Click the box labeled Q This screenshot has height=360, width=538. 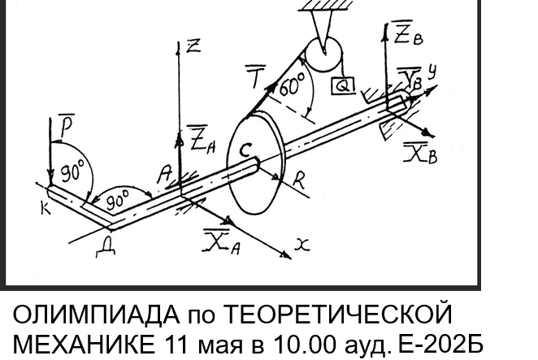(x=343, y=85)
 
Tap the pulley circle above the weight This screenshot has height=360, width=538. (x=323, y=54)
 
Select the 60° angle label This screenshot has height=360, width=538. (x=292, y=84)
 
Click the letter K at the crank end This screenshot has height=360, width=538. (x=46, y=207)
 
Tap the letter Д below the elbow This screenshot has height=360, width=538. (x=106, y=249)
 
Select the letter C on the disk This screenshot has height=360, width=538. (x=245, y=150)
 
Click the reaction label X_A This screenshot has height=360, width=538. (x=221, y=241)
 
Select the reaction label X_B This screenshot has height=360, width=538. (x=421, y=154)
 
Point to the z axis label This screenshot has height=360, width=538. (x=193, y=46)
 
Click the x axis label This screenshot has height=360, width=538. (x=302, y=245)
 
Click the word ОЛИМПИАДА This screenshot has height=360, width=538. (x=96, y=314)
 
